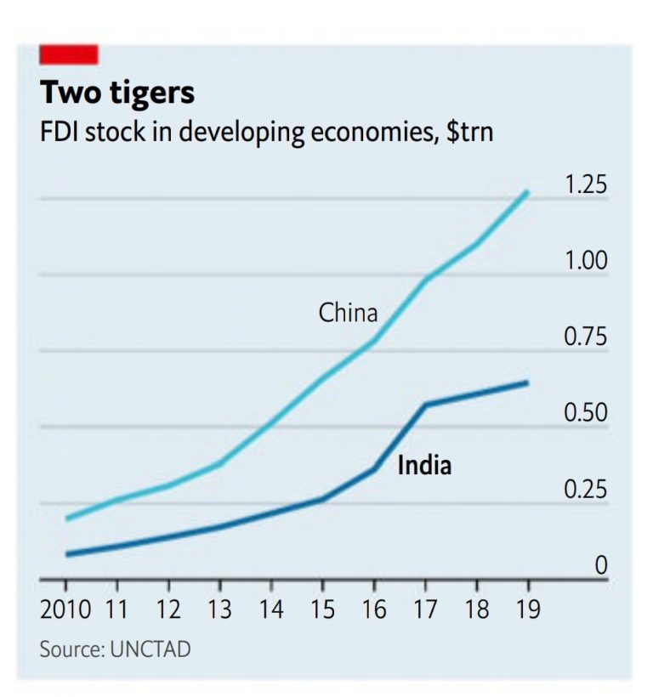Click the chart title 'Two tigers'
pos(117,93)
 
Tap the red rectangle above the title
pos(69,54)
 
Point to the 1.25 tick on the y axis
pos(587,185)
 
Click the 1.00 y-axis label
pos(587,261)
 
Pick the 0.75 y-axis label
pos(587,337)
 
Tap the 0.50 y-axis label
pos(587,414)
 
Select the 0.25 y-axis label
pos(587,490)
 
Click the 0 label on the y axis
pos(601,565)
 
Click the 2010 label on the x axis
pos(65,609)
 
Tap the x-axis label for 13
pos(219,609)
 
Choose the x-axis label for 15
pos(322,609)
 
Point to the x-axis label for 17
pos(425,609)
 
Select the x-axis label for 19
pos(528,609)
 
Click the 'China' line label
pos(348,313)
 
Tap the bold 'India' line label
pos(424,466)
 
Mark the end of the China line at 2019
pos(528,193)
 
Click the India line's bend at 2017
pos(425,405)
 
